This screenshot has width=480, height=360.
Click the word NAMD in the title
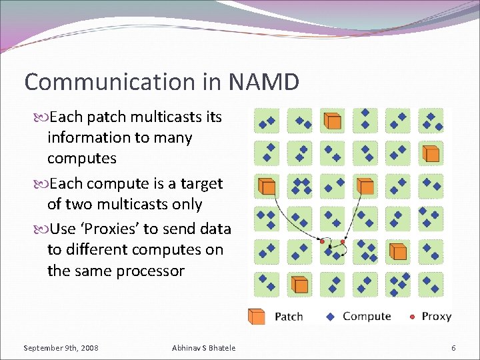(263, 82)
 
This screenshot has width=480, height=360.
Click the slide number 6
(453, 348)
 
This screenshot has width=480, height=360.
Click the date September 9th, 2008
(61, 348)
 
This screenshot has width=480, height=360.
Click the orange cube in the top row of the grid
(332, 121)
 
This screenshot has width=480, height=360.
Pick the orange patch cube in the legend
(257, 316)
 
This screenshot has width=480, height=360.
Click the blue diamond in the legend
(331, 316)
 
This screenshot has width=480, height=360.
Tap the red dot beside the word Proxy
(413, 316)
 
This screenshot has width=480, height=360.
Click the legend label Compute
(366, 316)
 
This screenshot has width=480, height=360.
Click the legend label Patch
(289, 317)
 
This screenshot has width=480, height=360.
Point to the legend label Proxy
(437, 316)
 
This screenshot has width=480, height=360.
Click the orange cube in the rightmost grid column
(431, 154)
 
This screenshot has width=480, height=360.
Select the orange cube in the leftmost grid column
(267, 186)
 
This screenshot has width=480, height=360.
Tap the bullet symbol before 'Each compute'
(42, 183)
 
